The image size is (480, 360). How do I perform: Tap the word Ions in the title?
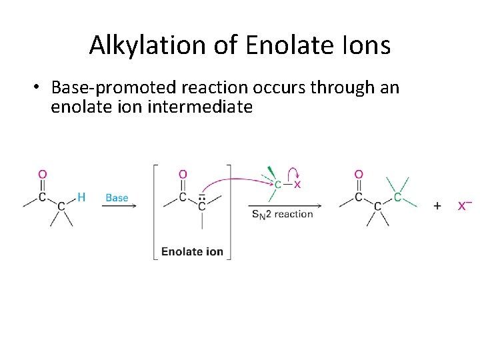pyautogui.click(x=364, y=45)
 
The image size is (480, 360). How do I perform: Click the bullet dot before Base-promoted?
pyautogui.click(x=38, y=88)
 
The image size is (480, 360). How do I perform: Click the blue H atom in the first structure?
pyautogui.click(x=81, y=197)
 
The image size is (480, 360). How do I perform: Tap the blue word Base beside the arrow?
pyautogui.click(x=117, y=197)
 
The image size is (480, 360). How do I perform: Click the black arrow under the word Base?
pyautogui.click(x=119, y=206)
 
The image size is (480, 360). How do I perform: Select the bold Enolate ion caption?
pyautogui.click(x=192, y=252)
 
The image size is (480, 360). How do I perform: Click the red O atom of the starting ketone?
pyautogui.click(x=42, y=175)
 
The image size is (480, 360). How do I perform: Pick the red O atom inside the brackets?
pyautogui.click(x=183, y=175)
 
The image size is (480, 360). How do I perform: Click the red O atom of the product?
pyautogui.click(x=359, y=175)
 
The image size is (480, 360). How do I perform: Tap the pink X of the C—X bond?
pyautogui.click(x=297, y=184)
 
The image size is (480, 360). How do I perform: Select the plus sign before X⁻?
pyautogui.click(x=437, y=206)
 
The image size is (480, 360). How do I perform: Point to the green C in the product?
pyautogui.click(x=397, y=197)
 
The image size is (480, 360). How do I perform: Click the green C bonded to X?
pyautogui.click(x=277, y=184)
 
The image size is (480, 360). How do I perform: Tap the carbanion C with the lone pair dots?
pyautogui.click(x=201, y=207)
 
